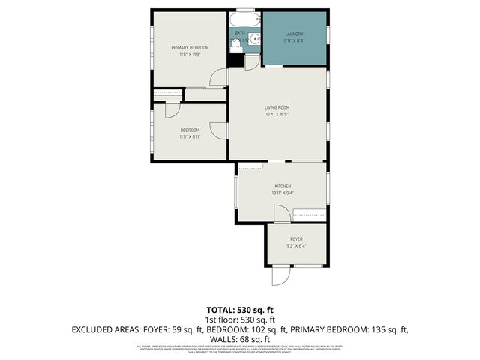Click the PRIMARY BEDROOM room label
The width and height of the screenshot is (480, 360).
coord(190,48)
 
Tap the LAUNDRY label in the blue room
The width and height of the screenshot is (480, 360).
coord(294,34)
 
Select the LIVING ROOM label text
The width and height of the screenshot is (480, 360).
coord(277,107)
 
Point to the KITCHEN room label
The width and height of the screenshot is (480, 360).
coord(283,186)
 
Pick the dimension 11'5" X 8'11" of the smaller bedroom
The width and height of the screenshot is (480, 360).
coord(190,137)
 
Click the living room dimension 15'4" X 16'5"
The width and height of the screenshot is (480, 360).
coord(277,115)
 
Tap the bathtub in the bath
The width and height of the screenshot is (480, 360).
coord(244,18)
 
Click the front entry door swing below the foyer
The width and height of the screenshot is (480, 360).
coord(279,276)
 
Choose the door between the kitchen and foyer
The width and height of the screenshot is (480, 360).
coord(283,214)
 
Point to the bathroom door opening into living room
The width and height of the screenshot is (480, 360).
coord(252,62)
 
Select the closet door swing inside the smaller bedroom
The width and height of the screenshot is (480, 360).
coord(172,109)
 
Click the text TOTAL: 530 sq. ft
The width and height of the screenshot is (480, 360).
coord(239,310)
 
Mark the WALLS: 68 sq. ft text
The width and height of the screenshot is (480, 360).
coord(239,339)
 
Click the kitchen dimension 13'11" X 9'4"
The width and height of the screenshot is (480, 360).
coord(283,193)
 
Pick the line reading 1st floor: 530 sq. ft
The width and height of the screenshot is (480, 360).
coord(239,319)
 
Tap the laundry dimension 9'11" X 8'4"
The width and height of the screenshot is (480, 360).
coord(294,42)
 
